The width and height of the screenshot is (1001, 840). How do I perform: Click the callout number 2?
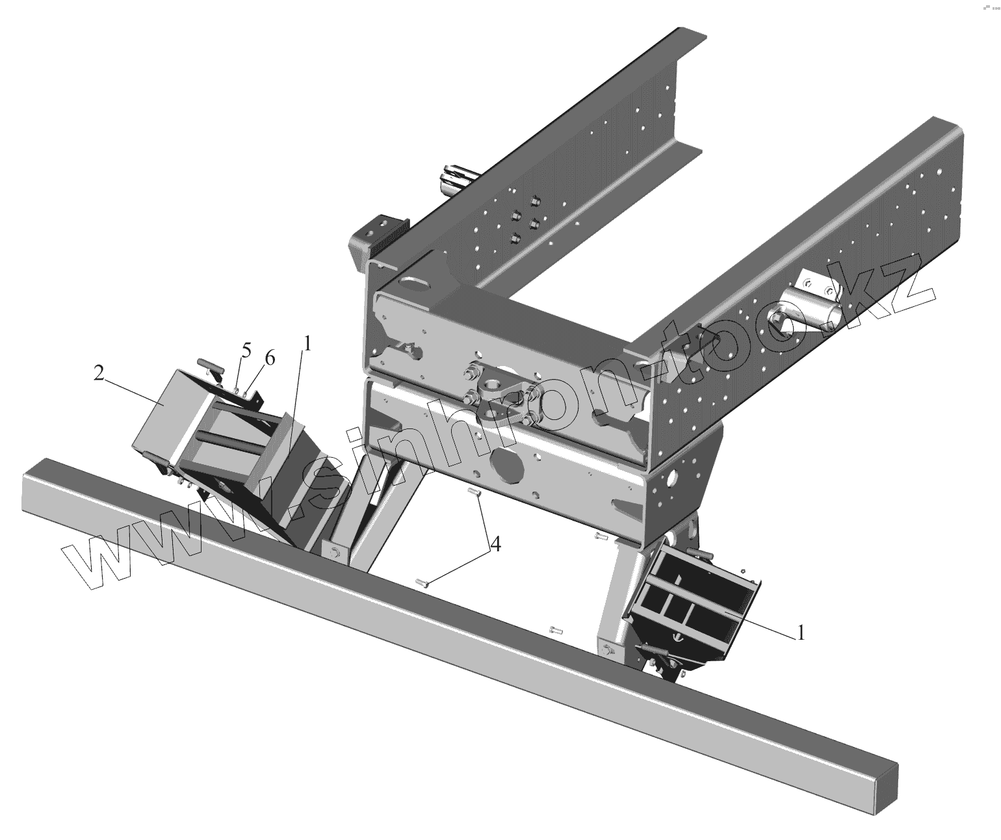coord(99,373)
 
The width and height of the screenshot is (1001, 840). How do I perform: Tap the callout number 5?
coord(246,350)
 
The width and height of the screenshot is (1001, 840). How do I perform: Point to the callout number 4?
coord(496,544)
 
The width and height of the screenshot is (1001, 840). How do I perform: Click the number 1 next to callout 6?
coord(307,343)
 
